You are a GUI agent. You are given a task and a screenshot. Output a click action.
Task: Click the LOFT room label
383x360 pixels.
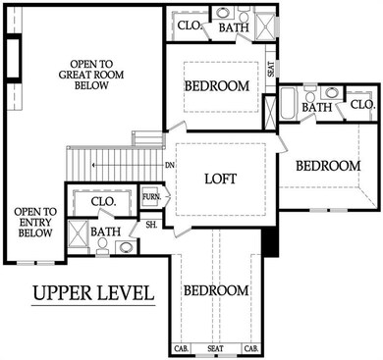click(220, 179)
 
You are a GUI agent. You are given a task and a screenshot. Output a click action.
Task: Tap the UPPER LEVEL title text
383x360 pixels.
click(93, 293)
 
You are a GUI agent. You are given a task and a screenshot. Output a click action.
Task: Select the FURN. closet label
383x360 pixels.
click(151, 197)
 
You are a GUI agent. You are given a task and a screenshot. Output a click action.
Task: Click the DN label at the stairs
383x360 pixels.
click(170, 166)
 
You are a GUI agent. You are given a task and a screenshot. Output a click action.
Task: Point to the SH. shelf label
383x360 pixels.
click(151, 226)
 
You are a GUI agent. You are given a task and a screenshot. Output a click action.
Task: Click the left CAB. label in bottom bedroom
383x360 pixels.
click(181, 349)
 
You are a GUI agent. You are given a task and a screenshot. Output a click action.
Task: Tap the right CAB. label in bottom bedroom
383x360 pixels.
click(251, 349)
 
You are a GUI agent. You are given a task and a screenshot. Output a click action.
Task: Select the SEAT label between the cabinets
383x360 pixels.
click(215, 349)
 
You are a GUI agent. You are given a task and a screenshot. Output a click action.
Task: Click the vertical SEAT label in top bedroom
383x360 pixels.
click(271, 70)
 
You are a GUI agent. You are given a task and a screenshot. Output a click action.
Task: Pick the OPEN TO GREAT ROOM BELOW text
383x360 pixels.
click(91, 75)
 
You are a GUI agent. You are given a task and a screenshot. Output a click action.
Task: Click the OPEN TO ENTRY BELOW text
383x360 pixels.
click(35, 223)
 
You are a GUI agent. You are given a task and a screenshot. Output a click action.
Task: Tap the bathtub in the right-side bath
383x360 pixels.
click(289, 103)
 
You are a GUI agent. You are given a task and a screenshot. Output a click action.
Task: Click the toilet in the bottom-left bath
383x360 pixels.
click(102, 246)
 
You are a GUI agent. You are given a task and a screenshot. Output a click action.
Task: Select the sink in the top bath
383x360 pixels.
click(224, 14)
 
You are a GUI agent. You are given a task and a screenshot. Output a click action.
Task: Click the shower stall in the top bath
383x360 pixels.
click(265, 27)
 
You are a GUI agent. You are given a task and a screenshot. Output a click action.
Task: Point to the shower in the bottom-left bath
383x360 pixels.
click(79, 233)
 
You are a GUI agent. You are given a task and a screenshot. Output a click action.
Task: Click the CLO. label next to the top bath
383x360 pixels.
click(189, 26)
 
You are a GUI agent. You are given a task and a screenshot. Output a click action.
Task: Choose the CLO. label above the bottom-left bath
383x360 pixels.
click(103, 202)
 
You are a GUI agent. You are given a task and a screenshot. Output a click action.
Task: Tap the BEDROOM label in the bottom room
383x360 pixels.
click(216, 290)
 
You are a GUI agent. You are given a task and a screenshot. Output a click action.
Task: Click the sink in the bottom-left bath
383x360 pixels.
click(126, 247)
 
